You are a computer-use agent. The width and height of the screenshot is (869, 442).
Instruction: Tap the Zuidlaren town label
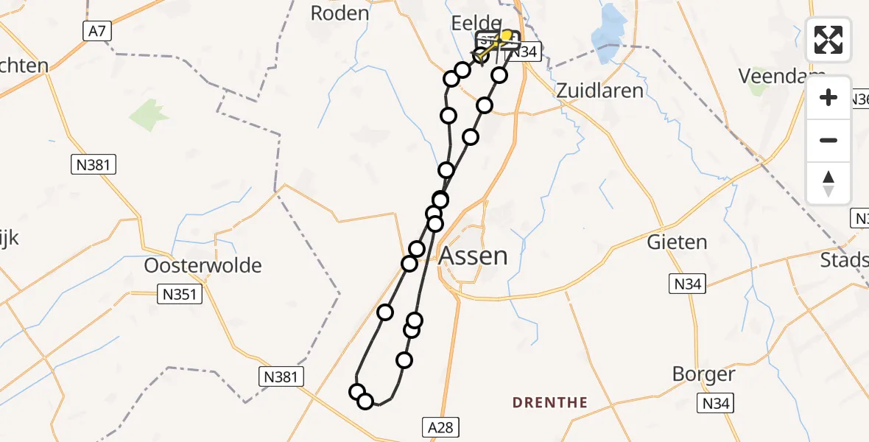(x=599, y=91)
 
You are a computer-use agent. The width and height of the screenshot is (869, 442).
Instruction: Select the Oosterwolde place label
(x=203, y=265)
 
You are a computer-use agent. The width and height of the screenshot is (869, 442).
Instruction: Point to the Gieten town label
(x=677, y=242)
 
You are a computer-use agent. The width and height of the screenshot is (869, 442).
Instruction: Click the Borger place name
(x=703, y=374)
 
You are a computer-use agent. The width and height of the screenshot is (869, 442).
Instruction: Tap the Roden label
(x=339, y=13)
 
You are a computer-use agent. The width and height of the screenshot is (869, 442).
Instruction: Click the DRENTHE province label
(x=550, y=403)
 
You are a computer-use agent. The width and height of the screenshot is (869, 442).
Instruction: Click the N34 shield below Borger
(x=715, y=403)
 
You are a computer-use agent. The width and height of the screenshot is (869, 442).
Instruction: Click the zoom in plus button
(x=828, y=97)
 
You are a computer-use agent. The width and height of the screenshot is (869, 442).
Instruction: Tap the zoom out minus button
(x=828, y=140)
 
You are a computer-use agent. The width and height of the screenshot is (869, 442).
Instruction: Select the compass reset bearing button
(x=828, y=183)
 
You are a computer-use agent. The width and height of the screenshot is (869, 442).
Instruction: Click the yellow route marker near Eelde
(x=506, y=35)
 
